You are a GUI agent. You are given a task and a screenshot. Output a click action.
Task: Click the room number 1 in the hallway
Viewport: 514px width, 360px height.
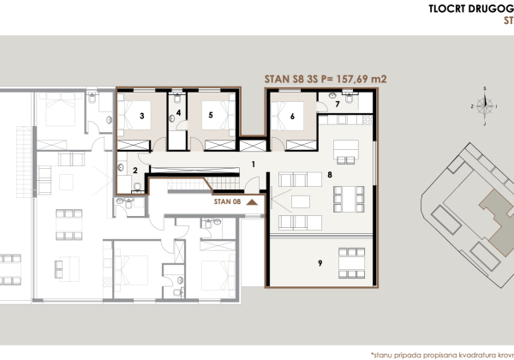click(x=254, y=162)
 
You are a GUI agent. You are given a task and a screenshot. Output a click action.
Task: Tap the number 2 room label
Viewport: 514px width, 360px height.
click(x=135, y=170)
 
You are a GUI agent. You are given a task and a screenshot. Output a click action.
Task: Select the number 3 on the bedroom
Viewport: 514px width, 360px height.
click(x=141, y=114)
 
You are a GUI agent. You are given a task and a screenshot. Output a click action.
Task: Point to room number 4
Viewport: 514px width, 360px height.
click(x=179, y=112)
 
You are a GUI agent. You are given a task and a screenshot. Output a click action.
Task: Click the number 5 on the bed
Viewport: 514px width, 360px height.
click(x=209, y=114)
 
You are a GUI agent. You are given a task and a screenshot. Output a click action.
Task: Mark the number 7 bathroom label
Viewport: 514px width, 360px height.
click(x=338, y=105)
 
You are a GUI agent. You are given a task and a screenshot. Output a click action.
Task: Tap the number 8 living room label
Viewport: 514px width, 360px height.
click(x=329, y=175)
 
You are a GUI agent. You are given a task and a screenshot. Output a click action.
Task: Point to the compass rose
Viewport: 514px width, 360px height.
click(x=484, y=105)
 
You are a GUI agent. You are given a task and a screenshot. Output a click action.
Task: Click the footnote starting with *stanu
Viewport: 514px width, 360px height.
click(x=441, y=352)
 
